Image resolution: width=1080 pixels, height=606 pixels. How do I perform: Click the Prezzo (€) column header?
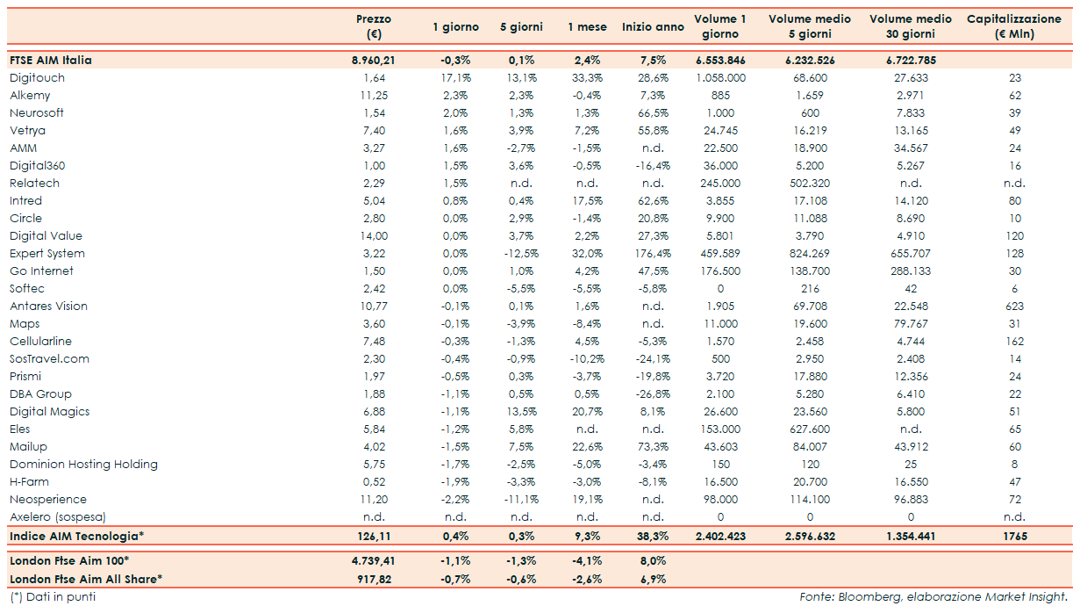click(x=374, y=26)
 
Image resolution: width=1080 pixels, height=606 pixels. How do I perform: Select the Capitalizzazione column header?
click(x=1014, y=26)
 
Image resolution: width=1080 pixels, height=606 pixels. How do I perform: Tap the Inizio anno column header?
click(x=653, y=27)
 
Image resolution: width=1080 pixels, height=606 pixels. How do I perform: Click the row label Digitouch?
click(x=37, y=78)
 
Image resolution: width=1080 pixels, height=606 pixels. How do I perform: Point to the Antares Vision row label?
click(x=48, y=307)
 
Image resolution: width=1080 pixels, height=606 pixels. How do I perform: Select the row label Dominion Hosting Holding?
click(x=83, y=465)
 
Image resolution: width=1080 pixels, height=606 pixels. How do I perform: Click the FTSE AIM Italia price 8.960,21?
click(x=374, y=61)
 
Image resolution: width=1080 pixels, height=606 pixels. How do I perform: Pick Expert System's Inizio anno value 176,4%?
click(x=653, y=254)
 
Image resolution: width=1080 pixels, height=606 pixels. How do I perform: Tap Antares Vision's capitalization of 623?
click(x=1015, y=307)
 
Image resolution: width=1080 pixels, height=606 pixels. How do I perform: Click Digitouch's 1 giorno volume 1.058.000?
click(x=719, y=78)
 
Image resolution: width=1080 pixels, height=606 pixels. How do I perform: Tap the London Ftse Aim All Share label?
click(x=86, y=579)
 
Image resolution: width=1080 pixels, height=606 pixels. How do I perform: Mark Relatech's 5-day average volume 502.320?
click(x=810, y=184)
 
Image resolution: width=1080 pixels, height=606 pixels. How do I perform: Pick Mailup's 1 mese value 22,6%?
click(x=587, y=447)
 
